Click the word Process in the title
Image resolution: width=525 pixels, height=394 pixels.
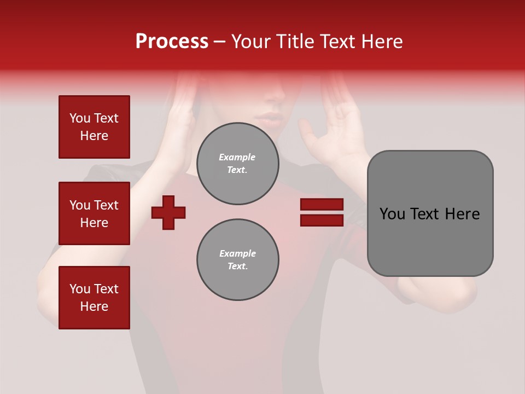[172, 42]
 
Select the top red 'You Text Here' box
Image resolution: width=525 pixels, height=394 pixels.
[94, 127]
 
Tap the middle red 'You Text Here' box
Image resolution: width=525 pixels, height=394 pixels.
[94, 213]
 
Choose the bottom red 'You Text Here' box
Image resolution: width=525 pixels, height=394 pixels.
[94, 298]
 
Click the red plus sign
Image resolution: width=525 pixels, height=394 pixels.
[168, 212]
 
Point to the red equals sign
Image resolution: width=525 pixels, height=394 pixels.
[322, 212]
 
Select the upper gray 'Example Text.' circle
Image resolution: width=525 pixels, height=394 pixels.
[238, 164]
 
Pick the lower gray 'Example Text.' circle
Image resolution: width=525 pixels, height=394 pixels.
[238, 260]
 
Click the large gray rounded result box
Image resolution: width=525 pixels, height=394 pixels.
[430, 213]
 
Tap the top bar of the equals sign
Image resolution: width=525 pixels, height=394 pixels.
[322, 205]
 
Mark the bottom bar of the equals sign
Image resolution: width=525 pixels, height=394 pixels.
[322, 220]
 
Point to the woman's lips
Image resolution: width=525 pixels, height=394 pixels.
[272, 118]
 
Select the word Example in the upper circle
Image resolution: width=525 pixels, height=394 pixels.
[237, 157]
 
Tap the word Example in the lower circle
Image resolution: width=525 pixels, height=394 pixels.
[237, 253]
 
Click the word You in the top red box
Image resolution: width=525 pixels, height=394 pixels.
[79, 118]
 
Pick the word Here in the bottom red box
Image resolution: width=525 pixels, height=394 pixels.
[94, 306]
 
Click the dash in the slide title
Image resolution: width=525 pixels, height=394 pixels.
[220, 42]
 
